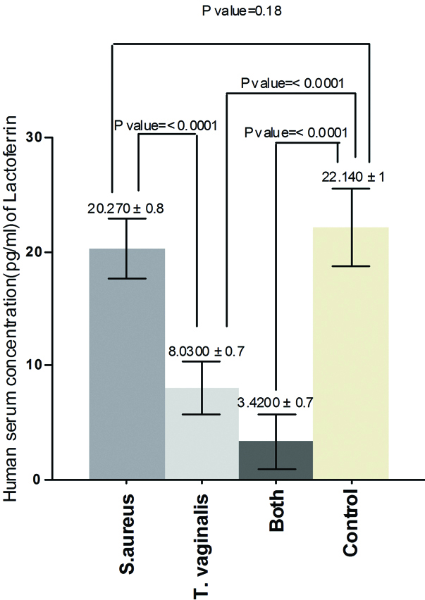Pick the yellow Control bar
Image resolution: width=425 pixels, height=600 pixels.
[x=351, y=353]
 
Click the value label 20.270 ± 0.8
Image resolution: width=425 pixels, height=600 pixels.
[x=128, y=208]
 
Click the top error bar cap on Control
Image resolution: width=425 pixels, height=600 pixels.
[x=351, y=189]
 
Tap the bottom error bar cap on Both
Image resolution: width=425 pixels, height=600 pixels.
[x=276, y=469]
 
